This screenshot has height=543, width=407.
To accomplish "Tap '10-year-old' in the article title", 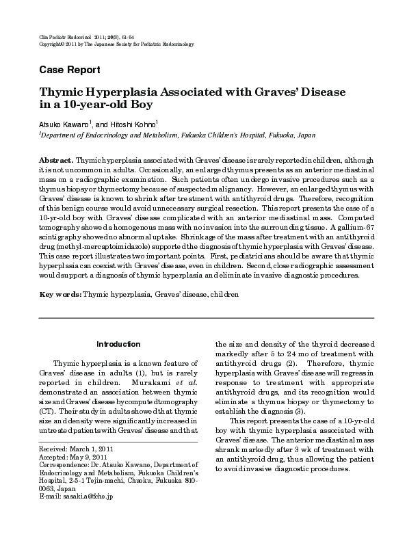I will [x=85, y=106].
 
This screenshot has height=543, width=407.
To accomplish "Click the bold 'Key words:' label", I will [x=60, y=293].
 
